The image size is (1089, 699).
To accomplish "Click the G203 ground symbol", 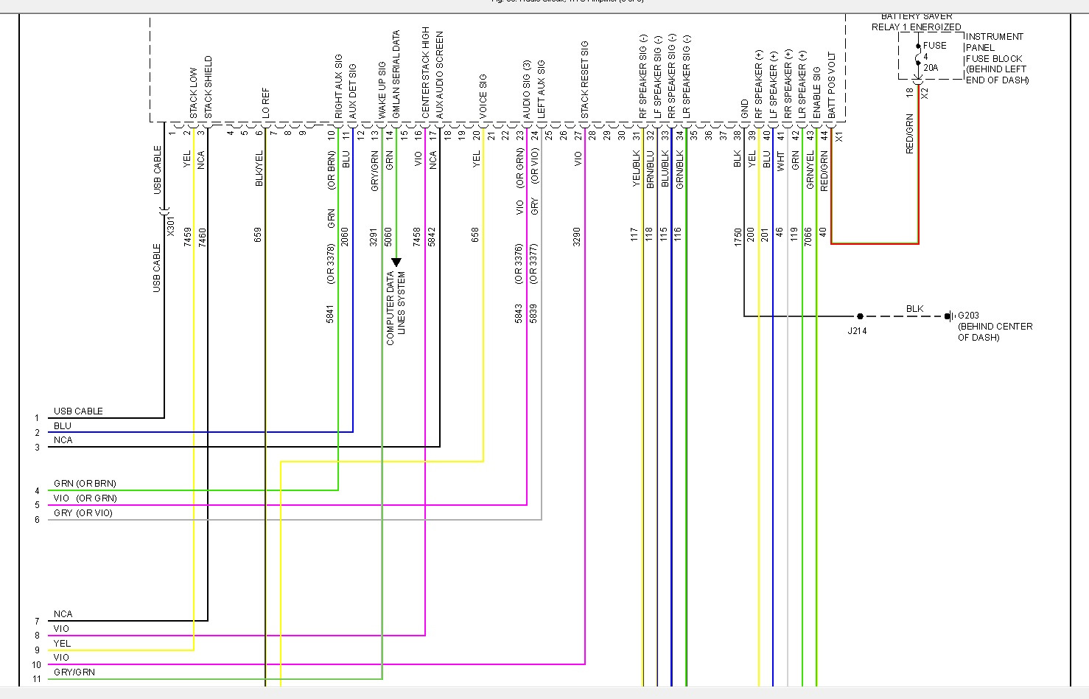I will pyautogui.click(x=950, y=316).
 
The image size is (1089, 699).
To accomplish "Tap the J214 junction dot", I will pyautogui.click(x=860, y=316).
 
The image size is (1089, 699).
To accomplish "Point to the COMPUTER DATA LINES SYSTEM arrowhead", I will pyautogui.click(x=396, y=262).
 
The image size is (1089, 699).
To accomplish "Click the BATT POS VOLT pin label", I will pyautogui.click(x=832, y=86).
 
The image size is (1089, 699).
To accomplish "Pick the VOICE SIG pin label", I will pyautogui.click(x=483, y=96).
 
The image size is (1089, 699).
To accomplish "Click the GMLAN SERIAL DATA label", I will pyautogui.click(x=396, y=74).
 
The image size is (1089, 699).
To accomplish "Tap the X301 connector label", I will pyautogui.click(x=171, y=226).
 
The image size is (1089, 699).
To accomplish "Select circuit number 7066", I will pyautogui.click(x=808, y=235).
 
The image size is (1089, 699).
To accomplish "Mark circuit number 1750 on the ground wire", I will pyautogui.click(x=738, y=235).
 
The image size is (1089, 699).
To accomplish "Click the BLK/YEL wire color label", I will pyautogui.click(x=259, y=168).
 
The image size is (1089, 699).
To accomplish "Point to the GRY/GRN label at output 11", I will pyautogui.click(x=74, y=672).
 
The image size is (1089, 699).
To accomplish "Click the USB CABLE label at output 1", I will pyautogui.click(x=78, y=411).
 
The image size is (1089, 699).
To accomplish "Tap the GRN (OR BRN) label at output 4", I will pyautogui.click(x=85, y=484).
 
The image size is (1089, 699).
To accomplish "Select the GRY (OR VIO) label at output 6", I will pyautogui.click(x=83, y=513).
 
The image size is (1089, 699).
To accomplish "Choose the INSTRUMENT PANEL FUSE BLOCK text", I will pyautogui.click(x=996, y=58).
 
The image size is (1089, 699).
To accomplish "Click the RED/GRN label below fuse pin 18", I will pyautogui.click(x=910, y=133).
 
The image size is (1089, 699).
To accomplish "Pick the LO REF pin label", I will pyautogui.click(x=266, y=103).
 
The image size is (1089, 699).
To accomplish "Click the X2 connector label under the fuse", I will pyautogui.click(x=925, y=93).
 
